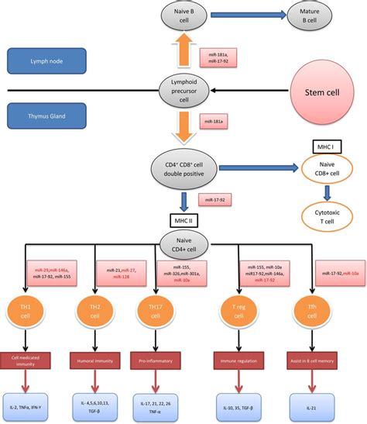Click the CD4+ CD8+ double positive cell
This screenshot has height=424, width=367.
click(x=185, y=168)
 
